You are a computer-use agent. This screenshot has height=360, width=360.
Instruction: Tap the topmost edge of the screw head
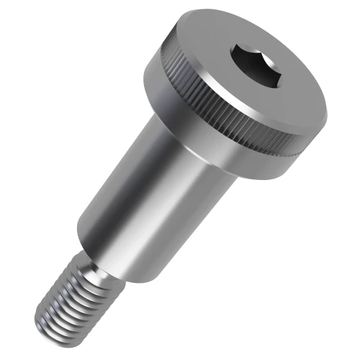pyautogui.click(x=238, y=10)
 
